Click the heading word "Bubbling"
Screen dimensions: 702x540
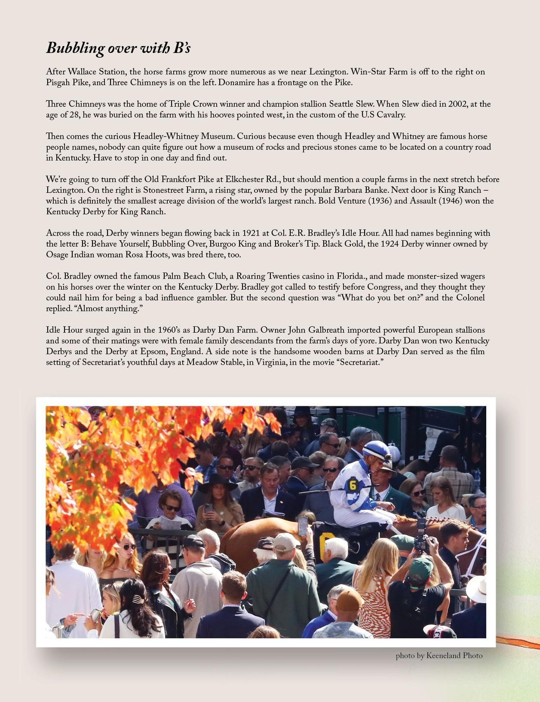[x=75, y=48]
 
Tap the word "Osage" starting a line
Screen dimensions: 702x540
[x=57, y=255]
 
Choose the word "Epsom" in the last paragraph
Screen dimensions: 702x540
[x=153, y=352]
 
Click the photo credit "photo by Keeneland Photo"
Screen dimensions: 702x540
[x=439, y=656]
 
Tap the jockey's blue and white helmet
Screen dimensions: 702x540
[x=375, y=448]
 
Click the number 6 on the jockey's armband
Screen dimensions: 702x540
[x=353, y=485]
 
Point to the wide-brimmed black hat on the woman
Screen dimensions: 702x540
[x=218, y=483]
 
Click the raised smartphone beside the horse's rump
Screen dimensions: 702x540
[x=303, y=525]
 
